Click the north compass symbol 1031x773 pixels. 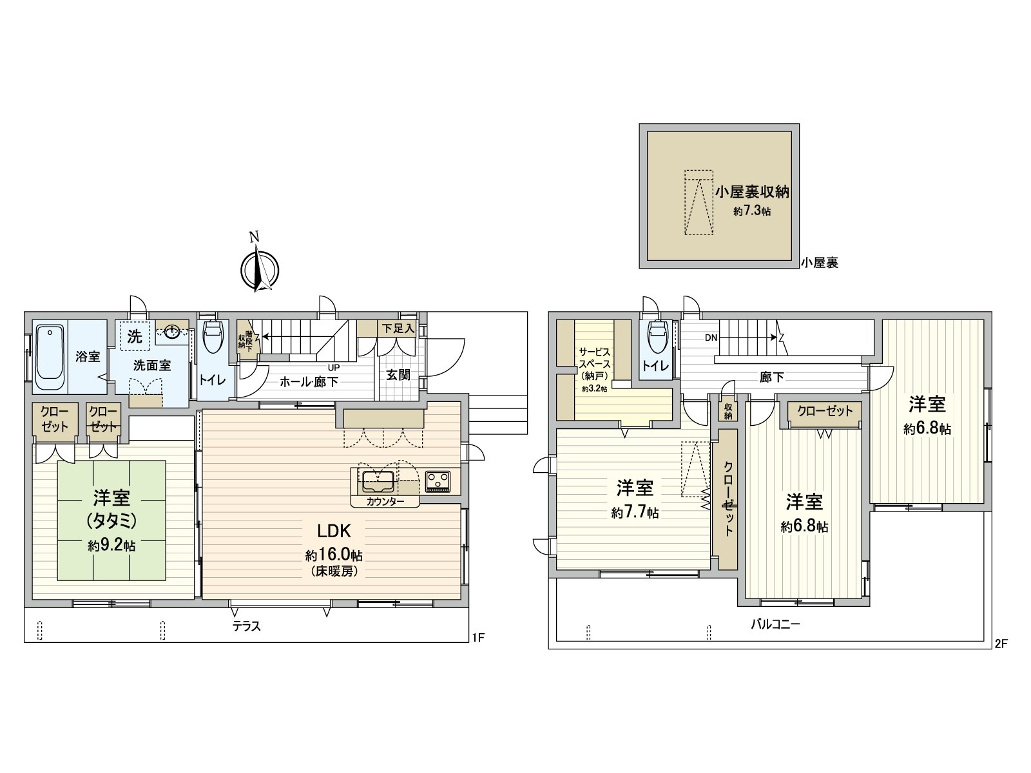click(259, 269)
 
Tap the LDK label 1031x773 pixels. click(333, 531)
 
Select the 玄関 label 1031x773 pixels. click(398, 374)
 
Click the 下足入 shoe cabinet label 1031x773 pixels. click(397, 329)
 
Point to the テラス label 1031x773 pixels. click(247, 625)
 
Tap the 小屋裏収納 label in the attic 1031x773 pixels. click(751, 191)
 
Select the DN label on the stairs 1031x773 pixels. click(711, 338)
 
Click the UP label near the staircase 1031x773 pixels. click(334, 368)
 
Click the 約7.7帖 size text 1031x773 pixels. click(635, 513)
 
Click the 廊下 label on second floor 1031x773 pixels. click(771, 377)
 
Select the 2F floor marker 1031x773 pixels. click(1000, 643)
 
